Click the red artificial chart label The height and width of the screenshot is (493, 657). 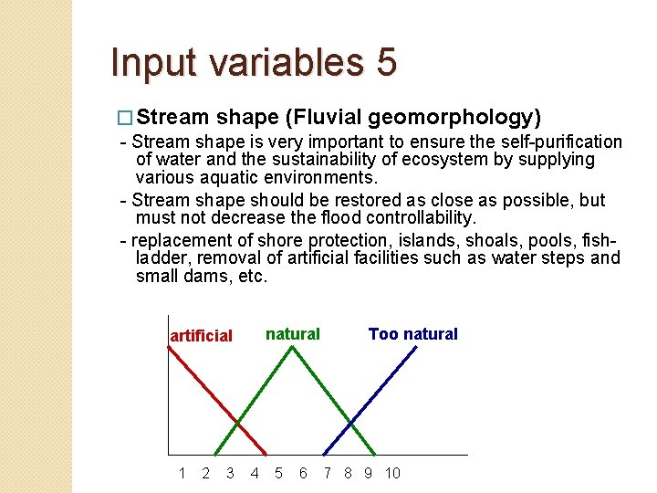pos(202,336)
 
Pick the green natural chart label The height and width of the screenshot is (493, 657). pos(292,334)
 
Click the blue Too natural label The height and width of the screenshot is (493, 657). pos(412,334)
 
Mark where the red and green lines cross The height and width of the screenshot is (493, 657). pos(239,422)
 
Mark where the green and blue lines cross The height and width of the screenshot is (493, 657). pos(351,422)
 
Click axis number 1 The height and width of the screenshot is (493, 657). pos(182,473)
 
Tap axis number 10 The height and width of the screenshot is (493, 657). pos(392,473)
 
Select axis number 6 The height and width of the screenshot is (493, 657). pos(303,473)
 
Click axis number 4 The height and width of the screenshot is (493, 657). pos(254,473)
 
